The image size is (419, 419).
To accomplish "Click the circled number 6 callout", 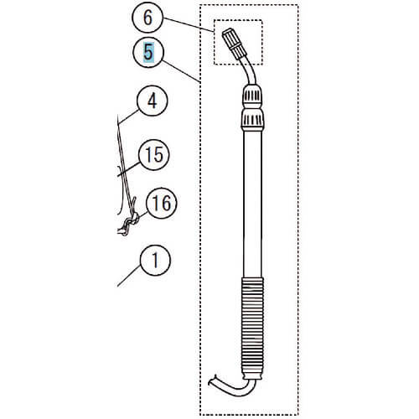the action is (147, 18).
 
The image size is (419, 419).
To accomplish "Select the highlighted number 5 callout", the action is (148, 52).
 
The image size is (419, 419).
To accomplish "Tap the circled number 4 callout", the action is (152, 101).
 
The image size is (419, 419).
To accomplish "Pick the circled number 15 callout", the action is (154, 154).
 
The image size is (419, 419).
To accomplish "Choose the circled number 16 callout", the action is (162, 203).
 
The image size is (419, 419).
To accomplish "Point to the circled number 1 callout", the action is (155, 261).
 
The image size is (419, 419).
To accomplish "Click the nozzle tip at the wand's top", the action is (234, 44).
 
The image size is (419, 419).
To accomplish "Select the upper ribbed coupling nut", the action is (252, 96).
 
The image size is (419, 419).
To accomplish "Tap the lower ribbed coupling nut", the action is (252, 120).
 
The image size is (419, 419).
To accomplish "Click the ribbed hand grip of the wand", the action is (252, 328).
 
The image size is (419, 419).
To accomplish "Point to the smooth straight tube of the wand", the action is (252, 204).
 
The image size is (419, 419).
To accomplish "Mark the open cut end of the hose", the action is (212, 380).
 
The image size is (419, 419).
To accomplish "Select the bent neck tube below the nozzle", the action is (250, 70).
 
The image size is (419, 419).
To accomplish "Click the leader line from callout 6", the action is (189, 24).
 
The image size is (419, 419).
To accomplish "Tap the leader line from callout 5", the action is (181, 71).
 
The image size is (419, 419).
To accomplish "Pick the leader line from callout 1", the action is (129, 276).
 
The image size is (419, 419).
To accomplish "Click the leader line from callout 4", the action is (128, 116).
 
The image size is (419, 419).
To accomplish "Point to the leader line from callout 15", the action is (129, 169).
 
